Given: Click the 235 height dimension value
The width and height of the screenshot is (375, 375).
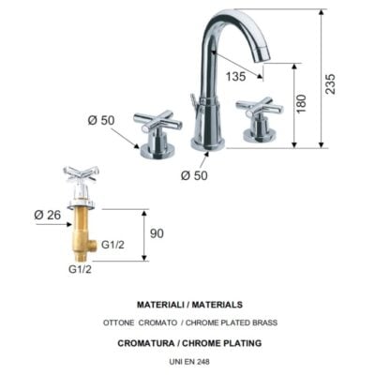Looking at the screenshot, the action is tap(330, 83).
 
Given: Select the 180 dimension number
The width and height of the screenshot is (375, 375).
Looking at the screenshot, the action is tap(302, 104).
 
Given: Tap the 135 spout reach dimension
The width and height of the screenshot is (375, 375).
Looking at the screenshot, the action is tap(236, 76).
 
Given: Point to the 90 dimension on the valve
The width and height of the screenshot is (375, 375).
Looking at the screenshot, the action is tap(157, 233).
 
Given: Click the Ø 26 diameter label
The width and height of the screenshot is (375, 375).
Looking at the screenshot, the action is tap(48, 215).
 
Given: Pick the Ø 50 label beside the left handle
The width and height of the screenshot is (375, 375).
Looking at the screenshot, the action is tap(101, 120).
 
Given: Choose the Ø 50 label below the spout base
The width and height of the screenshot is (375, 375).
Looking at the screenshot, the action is tap(194, 175).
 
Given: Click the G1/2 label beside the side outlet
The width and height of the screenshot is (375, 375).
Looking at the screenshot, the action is tap(112, 245).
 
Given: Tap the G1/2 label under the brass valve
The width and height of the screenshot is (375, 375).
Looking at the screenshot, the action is tap(80, 269).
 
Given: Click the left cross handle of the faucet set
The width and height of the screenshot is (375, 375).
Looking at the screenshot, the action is tap(157, 121).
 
